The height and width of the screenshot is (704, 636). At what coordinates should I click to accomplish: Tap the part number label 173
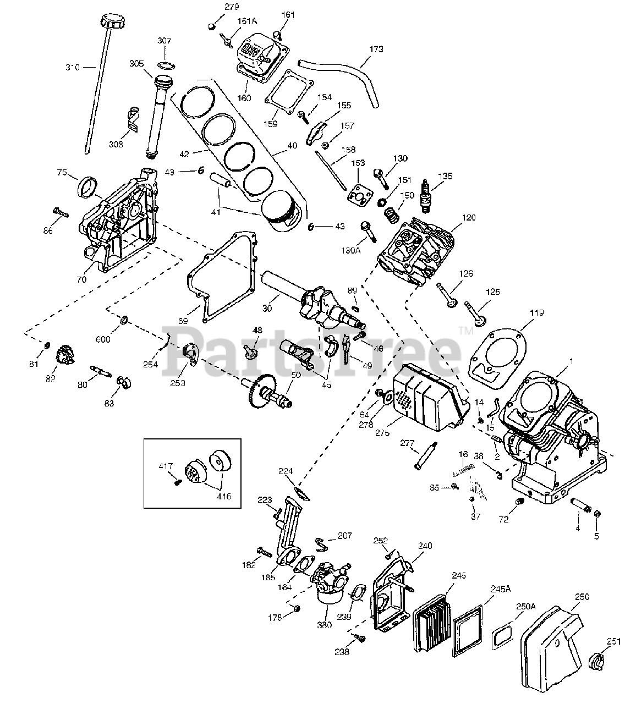pyautogui.click(x=376, y=50)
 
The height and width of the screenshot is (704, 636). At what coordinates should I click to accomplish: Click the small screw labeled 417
pyautogui.click(x=178, y=482)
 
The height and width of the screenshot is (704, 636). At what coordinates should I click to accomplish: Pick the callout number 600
pyautogui.click(x=103, y=339)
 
